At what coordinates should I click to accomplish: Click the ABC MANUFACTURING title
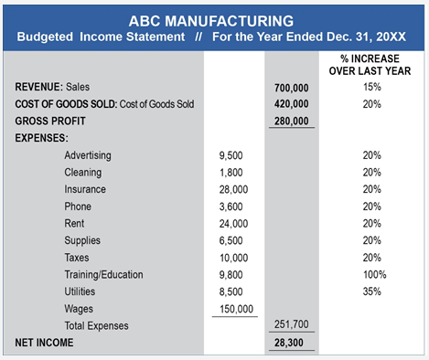211,21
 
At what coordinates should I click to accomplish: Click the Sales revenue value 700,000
291,88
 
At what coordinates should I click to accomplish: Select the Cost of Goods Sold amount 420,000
291,104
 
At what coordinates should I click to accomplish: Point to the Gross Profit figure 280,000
291,121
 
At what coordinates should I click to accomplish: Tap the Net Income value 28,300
288,343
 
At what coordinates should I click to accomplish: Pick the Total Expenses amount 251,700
291,324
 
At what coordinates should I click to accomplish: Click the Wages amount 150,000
236,309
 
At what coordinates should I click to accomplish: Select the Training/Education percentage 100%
374,275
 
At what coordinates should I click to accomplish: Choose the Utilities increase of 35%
371,291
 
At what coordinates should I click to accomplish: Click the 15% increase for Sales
371,87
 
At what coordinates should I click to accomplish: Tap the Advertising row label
88,155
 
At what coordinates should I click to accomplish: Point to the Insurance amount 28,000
233,190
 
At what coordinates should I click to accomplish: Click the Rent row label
74,224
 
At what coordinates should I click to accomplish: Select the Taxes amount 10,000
233,258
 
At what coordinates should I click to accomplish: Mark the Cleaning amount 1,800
231,173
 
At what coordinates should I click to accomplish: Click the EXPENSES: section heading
41,138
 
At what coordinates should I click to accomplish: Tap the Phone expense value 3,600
231,206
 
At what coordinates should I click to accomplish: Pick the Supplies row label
82,240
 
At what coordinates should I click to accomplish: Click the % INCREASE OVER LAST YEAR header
370,65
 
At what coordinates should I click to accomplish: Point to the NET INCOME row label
44,343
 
